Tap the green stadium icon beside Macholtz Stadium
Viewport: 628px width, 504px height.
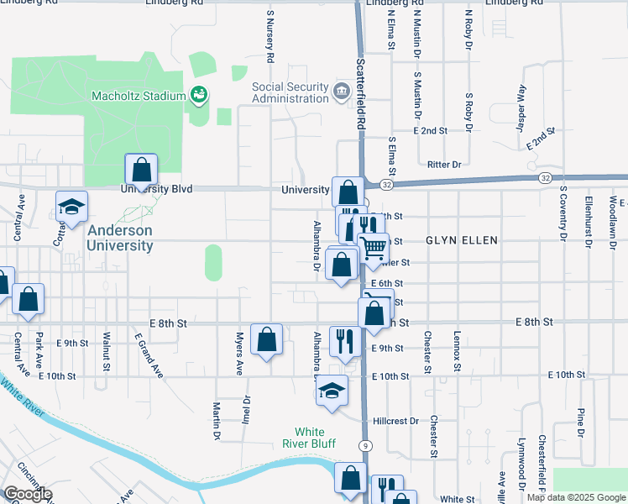click(x=199, y=94)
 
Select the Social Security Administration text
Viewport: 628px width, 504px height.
click(x=290, y=92)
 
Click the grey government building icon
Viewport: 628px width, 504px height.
click(x=342, y=92)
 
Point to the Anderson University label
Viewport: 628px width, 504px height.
click(x=121, y=238)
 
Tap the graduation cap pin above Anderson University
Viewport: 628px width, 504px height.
click(x=72, y=207)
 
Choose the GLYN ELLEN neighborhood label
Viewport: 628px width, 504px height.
click(x=462, y=240)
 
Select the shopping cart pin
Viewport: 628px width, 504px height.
click(x=374, y=248)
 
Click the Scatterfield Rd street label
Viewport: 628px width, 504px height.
click(x=361, y=92)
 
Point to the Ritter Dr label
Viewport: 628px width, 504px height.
click(x=445, y=165)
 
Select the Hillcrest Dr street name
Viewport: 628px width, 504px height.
click(x=395, y=421)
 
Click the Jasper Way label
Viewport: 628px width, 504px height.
click(x=521, y=104)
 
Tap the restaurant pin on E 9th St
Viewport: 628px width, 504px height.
click(x=344, y=341)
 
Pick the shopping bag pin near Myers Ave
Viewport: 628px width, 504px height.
click(x=266, y=339)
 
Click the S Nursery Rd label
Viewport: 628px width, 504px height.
click(x=270, y=37)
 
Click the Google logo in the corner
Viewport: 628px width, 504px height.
click(x=28, y=494)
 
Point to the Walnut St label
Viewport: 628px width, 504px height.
click(x=107, y=351)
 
